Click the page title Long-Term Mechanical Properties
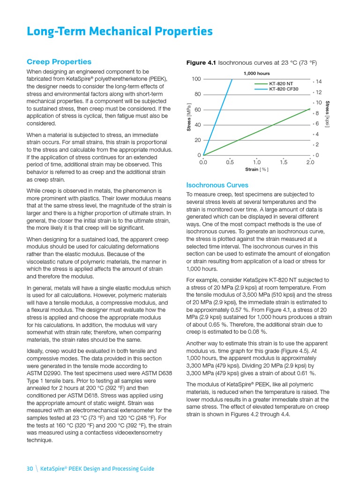(120, 31)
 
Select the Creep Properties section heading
(59, 62)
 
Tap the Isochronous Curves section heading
(217, 185)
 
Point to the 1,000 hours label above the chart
(256, 74)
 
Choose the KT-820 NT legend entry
(280, 84)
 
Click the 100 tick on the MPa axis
(196, 79)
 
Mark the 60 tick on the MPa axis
(198, 110)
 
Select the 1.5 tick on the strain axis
(284, 162)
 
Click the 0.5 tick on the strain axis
(230, 162)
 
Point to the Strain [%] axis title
(256, 169)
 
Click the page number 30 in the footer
(30, 468)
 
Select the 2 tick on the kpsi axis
(317, 144)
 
